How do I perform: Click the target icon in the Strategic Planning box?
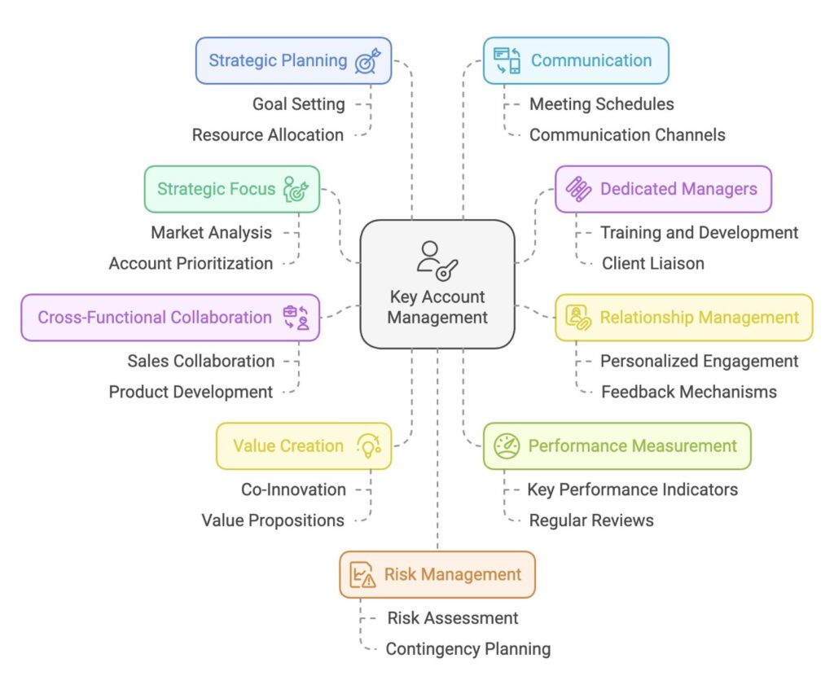pos(367,61)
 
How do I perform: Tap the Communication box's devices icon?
pos(507,60)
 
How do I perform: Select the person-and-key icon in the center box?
pos(437,261)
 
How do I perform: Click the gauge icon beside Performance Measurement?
pos(507,446)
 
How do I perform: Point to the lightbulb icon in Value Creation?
pos(369,446)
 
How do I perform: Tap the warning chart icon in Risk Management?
pos(362,574)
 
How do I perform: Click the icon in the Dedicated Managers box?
pos(578,190)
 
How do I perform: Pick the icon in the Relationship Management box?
pos(578,318)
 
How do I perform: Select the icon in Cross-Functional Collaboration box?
pos(296,318)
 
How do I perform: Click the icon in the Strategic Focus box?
pos(296,190)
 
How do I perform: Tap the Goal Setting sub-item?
pos(298,104)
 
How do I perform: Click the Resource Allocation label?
pos(267,135)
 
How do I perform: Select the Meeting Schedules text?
pos(602,104)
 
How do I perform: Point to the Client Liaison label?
pos(652,263)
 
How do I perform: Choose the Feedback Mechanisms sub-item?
pos(689,392)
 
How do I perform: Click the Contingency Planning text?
pos(468,649)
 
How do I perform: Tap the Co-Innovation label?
pos(293,489)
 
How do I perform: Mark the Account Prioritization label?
pos(191,263)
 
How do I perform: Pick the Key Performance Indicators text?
pos(632,489)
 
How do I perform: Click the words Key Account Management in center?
pos(437,307)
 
